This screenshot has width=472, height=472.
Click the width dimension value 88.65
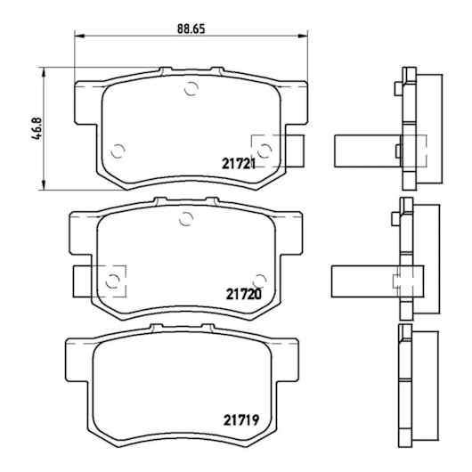tap(191, 28)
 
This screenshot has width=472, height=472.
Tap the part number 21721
tap(239, 164)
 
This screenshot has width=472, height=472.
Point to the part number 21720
tap(242, 292)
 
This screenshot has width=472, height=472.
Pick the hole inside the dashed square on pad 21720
tap(113, 281)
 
